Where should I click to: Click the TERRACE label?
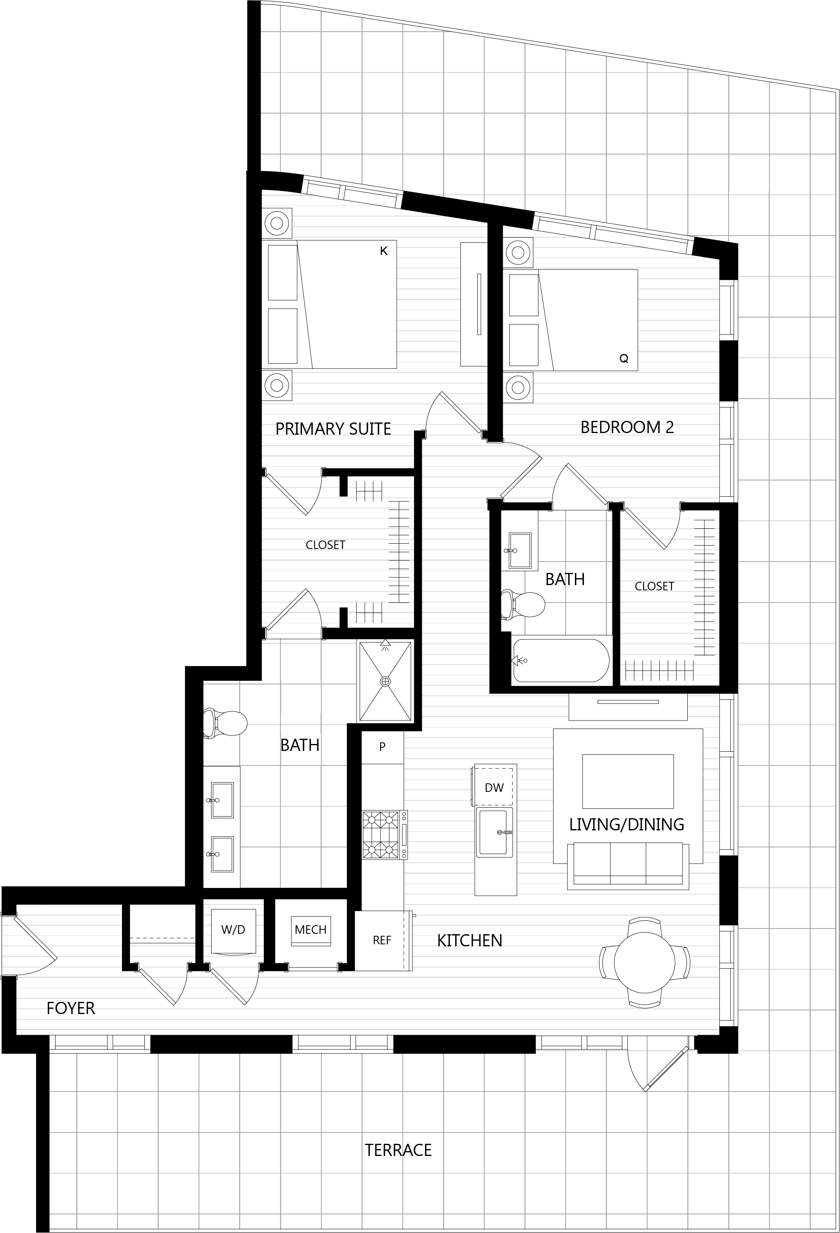click(x=398, y=1150)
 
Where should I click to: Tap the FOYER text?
click(x=71, y=1008)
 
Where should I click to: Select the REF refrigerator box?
click(x=383, y=941)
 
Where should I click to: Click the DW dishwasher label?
click(x=494, y=788)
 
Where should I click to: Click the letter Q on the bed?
click(x=624, y=359)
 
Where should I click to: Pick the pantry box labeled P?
click(x=383, y=747)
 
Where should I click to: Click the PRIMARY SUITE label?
click(x=333, y=429)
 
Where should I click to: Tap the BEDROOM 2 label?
click(x=627, y=427)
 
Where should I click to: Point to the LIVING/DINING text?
click(x=626, y=824)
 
